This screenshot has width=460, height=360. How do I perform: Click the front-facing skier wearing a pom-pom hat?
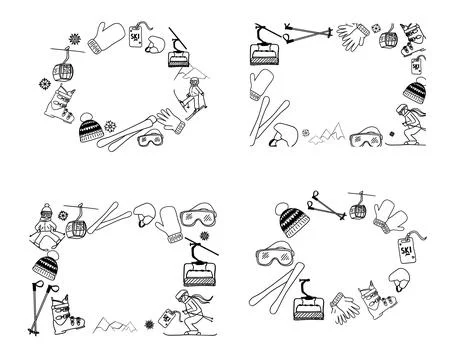coord(46,227)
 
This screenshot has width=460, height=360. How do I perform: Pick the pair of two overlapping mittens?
coord(390,217)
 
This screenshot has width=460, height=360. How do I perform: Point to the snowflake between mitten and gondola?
coord(75,39)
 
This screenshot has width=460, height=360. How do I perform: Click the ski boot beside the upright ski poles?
coord(67,315)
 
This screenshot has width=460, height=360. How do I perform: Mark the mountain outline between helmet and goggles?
coord(327,133)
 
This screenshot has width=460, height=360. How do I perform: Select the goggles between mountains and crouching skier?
coord(366,137)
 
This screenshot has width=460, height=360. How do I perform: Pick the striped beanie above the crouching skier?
coord(415,89)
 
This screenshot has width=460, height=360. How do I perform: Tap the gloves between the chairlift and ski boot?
coord(345,307)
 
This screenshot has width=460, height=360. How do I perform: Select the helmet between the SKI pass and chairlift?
coord(155,45)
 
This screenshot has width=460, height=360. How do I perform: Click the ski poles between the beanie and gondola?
coord(328,206)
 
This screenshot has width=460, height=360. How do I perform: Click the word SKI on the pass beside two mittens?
coord(406,250)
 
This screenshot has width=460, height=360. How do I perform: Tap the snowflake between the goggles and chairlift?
coord(204,236)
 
